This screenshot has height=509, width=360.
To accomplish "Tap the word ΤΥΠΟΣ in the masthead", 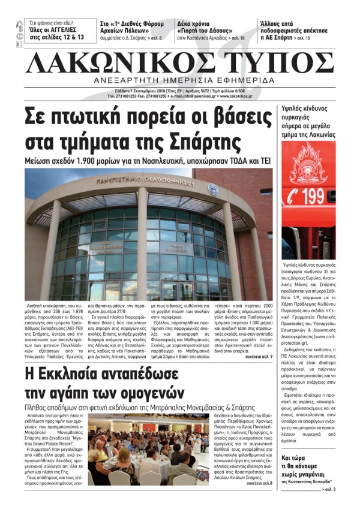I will (278, 62).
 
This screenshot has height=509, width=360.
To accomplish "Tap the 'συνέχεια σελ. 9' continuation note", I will (257, 341).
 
